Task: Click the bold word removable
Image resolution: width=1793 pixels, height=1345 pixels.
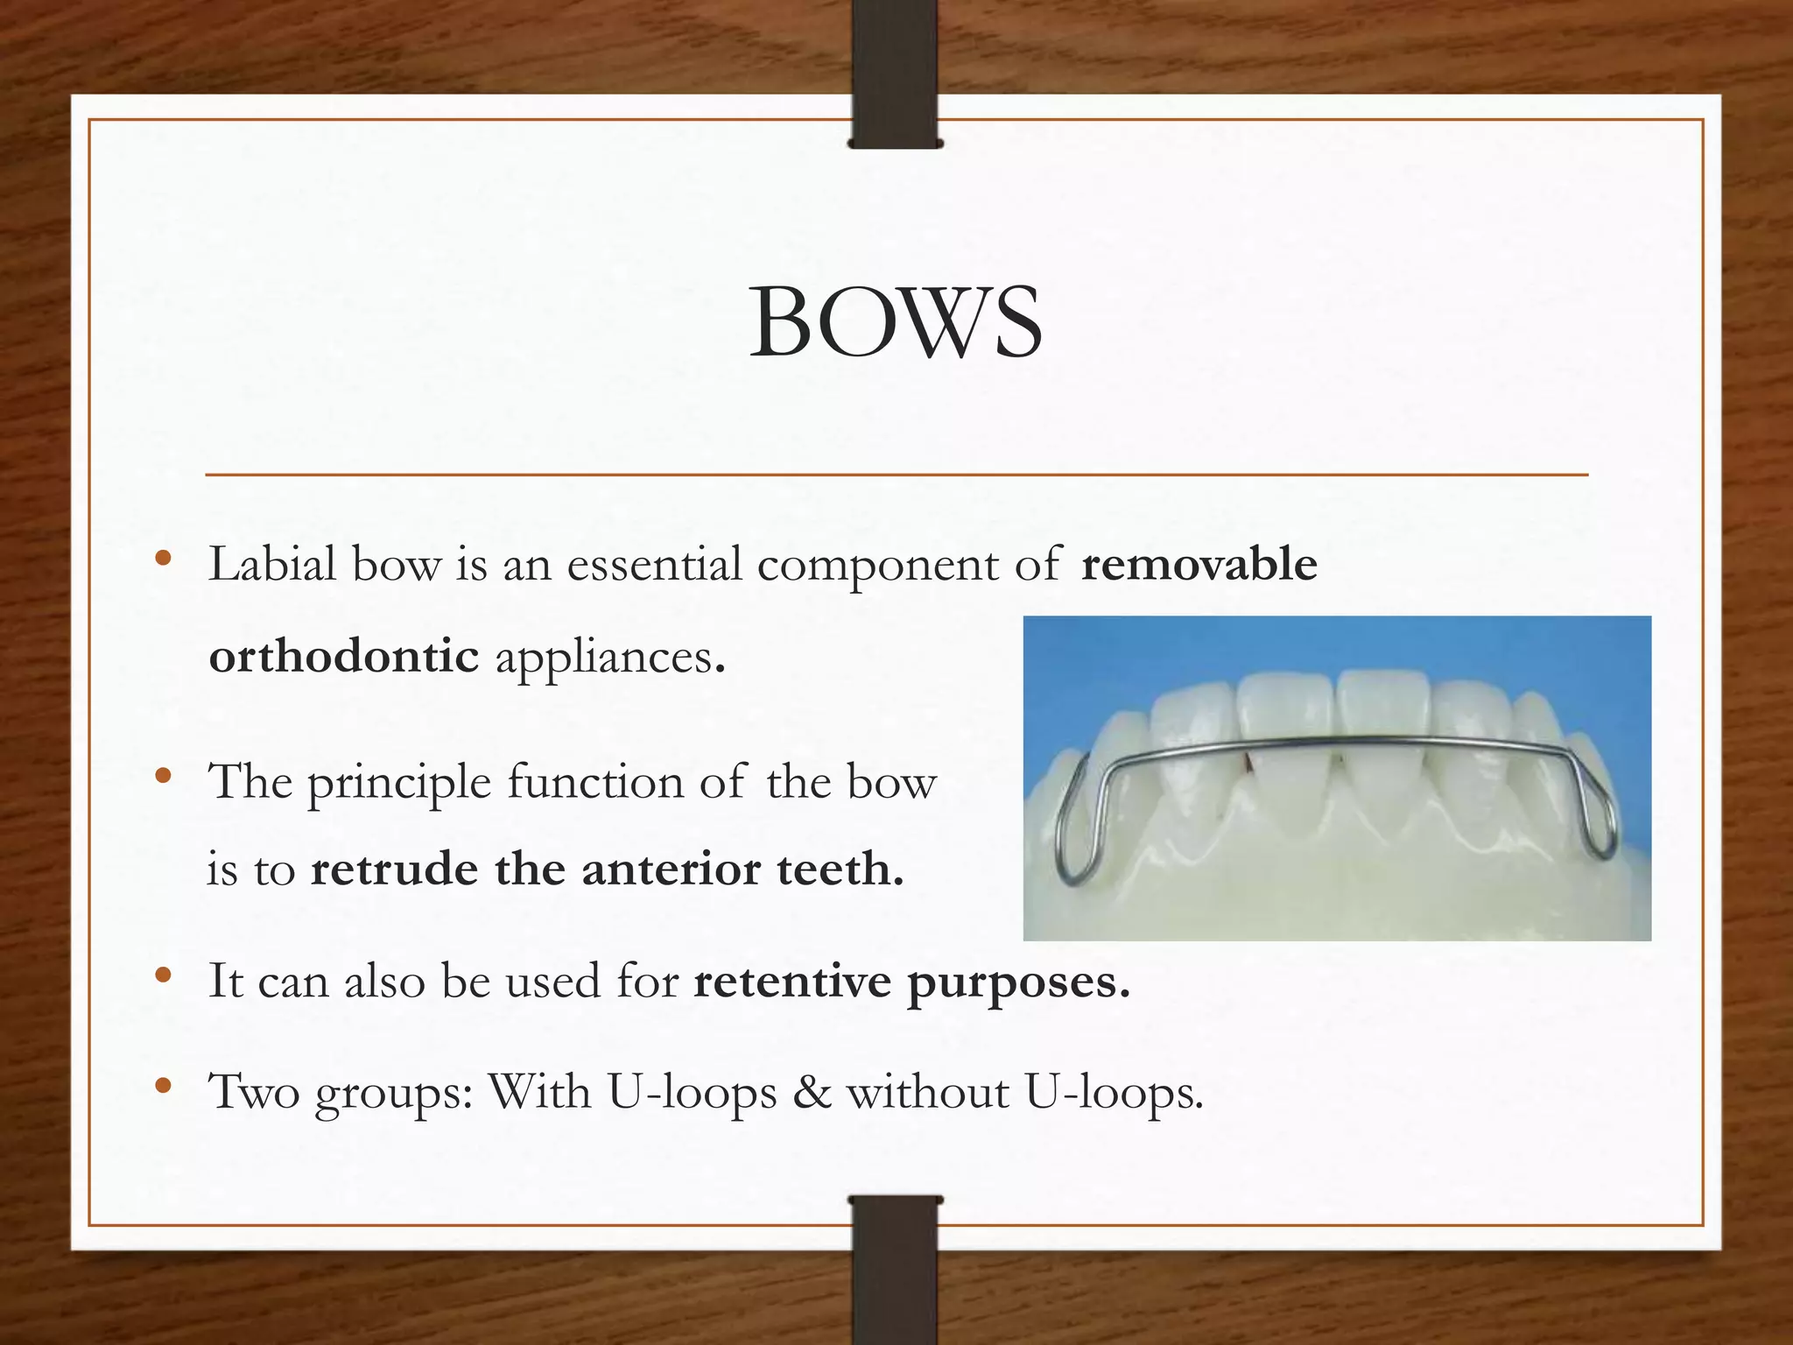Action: [1199, 564]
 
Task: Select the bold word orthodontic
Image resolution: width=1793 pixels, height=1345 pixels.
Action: [344, 656]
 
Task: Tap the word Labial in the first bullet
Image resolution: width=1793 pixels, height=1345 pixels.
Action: [272, 564]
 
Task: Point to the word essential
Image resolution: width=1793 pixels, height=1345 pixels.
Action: [654, 564]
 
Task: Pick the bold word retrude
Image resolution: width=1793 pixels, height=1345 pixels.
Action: [395, 870]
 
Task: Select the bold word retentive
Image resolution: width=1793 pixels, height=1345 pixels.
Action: [793, 981]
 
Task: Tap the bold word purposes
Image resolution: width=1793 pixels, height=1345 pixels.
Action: [1018, 982]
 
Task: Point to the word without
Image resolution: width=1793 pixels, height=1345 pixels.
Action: [927, 1092]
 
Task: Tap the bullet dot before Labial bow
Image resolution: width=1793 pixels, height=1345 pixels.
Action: [162, 560]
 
